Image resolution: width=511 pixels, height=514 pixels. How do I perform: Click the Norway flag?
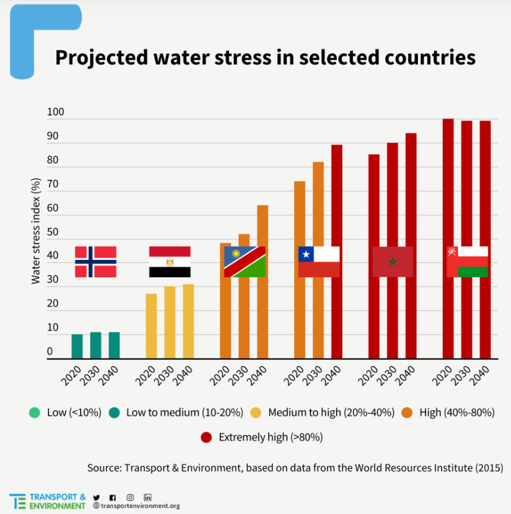pyautogui.click(x=96, y=262)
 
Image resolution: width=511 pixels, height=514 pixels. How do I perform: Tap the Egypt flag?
pyautogui.click(x=170, y=262)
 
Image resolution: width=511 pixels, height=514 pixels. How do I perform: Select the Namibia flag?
pyautogui.click(x=245, y=262)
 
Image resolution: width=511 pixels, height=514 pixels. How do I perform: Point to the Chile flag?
pyautogui.click(x=319, y=262)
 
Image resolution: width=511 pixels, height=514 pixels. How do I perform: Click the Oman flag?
pyautogui.click(x=467, y=262)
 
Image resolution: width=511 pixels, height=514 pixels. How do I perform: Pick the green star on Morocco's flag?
pyautogui.click(x=392, y=262)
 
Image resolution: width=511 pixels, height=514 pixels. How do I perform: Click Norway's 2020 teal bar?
pyautogui.click(x=77, y=347)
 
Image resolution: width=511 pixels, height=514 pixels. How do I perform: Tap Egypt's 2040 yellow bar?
pyautogui.click(x=188, y=322)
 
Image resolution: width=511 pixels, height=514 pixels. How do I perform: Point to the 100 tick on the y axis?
pyautogui.click(x=56, y=112)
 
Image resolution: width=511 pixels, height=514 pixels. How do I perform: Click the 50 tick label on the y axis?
pyautogui.click(x=52, y=232)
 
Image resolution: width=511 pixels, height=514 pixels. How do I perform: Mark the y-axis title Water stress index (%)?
pyautogui.click(x=36, y=230)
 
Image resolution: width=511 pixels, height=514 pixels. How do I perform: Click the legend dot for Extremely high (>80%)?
pyautogui.click(x=206, y=437)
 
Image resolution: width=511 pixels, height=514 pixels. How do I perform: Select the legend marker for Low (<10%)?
pyautogui.click(x=34, y=412)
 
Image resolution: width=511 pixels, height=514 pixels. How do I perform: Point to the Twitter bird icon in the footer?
pyautogui.click(x=96, y=497)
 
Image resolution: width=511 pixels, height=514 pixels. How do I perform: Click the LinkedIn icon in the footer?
pyautogui.click(x=148, y=497)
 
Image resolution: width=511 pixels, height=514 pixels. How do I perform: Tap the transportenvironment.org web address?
pyautogui.click(x=140, y=506)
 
